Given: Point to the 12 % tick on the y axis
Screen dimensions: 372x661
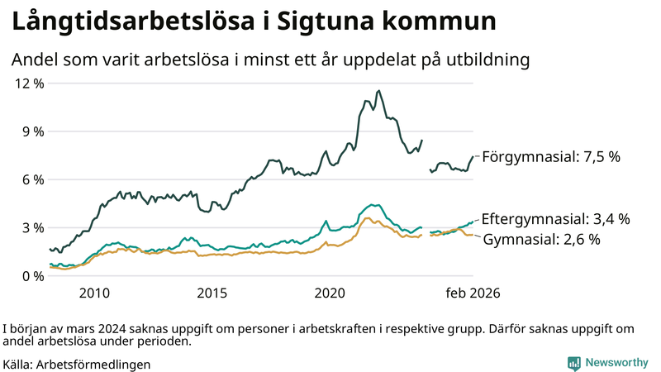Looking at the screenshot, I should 29,83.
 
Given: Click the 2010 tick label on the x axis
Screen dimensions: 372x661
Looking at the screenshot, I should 94,293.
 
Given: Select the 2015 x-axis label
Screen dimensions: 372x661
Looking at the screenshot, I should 212,293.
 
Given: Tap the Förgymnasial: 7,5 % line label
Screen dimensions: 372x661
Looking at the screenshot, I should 550,156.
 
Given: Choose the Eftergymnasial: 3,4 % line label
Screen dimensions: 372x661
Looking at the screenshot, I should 555,219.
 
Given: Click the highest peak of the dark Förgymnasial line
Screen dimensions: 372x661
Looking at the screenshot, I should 378,91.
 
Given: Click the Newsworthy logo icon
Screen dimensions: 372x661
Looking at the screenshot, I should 573,363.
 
